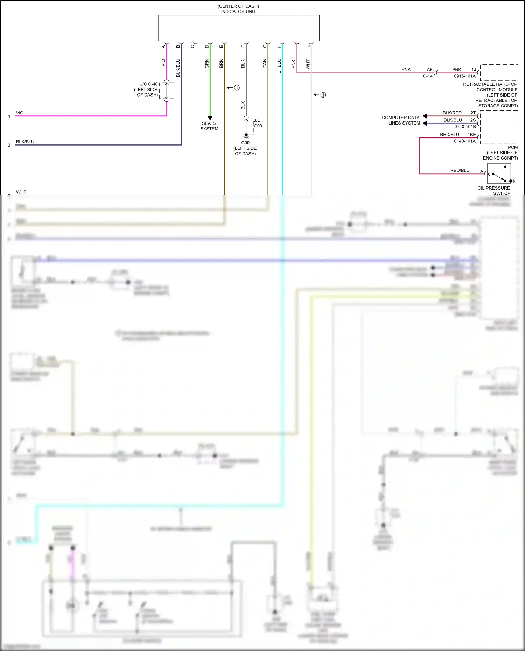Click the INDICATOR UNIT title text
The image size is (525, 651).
(x=238, y=12)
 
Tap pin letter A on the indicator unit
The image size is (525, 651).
(x=163, y=46)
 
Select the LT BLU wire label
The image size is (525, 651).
(x=279, y=66)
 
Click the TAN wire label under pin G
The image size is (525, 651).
(x=264, y=63)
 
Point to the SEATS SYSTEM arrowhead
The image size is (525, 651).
(x=210, y=118)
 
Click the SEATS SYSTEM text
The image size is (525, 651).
(x=209, y=126)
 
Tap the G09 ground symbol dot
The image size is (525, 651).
(x=246, y=135)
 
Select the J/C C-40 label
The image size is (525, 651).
(x=149, y=84)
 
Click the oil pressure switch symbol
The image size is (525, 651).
(x=499, y=174)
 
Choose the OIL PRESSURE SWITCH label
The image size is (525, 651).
(x=494, y=191)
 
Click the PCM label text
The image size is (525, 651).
(x=513, y=147)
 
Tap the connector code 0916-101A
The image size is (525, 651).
(x=465, y=76)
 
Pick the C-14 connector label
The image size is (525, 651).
(x=428, y=76)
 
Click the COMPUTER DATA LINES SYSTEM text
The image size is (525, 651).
(x=401, y=120)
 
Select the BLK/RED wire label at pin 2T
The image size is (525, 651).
(x=452, y=113)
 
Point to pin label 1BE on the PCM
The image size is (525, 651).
(x=472, y=134)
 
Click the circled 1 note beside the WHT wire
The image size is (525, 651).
(x=323, y=95)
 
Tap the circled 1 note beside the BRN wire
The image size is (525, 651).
(x=237, y=87)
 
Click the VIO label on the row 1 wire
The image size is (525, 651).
(x=20, y=113)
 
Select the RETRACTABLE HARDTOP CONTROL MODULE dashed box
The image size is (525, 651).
(x=499, y=72)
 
